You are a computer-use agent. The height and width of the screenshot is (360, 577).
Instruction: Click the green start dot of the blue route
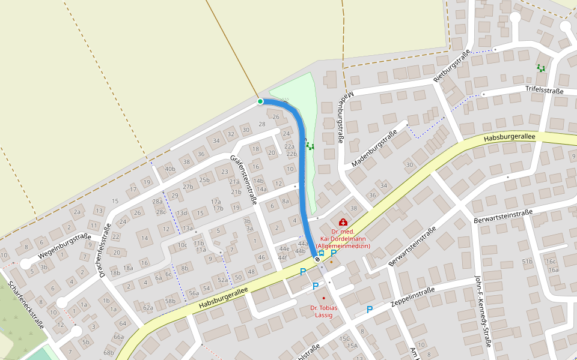tap(260, 101)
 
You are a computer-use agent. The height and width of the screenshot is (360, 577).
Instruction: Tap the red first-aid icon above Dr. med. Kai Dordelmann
tap(343, 223)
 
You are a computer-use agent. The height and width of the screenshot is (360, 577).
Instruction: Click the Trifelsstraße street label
tap(545, 91)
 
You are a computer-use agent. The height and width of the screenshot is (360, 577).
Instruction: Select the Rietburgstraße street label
tap(451, 67)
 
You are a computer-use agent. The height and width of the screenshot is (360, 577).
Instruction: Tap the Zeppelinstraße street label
tap(414, 295)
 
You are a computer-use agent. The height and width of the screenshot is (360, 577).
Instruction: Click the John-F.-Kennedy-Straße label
tap(483, 312)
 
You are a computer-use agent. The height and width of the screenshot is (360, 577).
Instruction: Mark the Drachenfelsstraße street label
tap(106, 251)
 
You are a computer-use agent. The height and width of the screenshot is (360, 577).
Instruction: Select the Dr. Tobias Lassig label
tap(323, 311)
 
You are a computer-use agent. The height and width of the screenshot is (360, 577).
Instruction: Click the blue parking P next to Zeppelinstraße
tap(370, 310)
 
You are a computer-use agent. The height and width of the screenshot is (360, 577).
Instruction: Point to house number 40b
tap(170, 169)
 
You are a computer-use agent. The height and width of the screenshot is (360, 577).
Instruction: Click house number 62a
tap(148, 308)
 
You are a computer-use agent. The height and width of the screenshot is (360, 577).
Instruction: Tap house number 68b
tap(109, 352)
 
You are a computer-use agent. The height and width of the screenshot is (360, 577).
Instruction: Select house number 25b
tap(204, 179)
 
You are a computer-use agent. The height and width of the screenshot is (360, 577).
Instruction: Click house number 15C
tap(344, 338)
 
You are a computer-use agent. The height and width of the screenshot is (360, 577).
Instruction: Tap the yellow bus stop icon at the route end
tap(322, 253)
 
